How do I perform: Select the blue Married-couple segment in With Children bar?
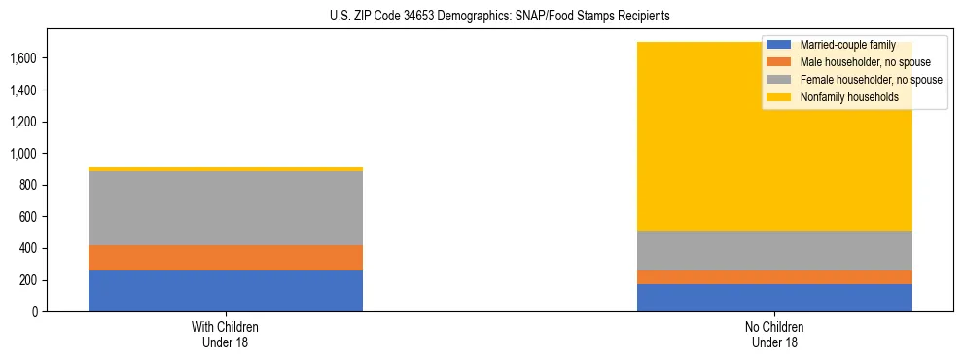click(x=226, y=291)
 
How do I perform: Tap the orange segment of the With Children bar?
click(x=226, y=258)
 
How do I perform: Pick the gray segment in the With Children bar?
click(x=226, y=208)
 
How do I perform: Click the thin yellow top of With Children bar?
click(x=226, y=169)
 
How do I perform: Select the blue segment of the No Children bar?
click(x=774, y=298)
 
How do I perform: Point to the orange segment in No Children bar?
click(x=774, y=277)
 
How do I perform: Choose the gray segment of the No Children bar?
click(x=774, y=250)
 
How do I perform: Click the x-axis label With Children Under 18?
click(x=226, y=334)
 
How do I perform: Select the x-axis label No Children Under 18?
click(x=774, y=334)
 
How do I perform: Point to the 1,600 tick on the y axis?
click(x=23, y=58)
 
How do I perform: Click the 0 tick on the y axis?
click(x=35, y=311)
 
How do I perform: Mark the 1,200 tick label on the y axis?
click(x=23, y=122)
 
